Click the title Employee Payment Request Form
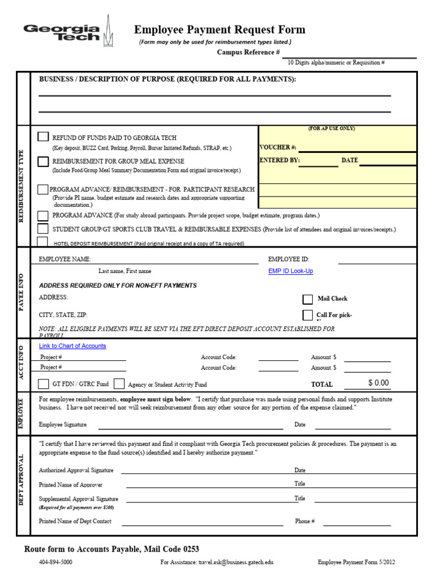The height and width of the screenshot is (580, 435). [219, 30]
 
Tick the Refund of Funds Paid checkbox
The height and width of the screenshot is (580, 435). [43, 137]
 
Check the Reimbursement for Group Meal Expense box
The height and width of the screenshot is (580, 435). [43, 161]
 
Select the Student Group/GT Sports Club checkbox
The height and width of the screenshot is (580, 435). [43, 229]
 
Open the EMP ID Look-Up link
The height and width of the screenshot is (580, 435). [290, 271]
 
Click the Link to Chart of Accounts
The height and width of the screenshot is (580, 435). [72, 346]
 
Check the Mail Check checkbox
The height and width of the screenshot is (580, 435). [308, 299]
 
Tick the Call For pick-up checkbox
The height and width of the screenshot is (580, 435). [308, 315]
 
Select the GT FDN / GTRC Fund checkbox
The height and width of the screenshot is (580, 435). [44, 384]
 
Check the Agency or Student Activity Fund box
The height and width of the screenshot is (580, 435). [119, 384]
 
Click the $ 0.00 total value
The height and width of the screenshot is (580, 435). [378, 383]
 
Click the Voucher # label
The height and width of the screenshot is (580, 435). [278, 147]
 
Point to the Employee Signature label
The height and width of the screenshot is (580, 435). [63, 424]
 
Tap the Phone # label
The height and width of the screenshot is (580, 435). [305, 521]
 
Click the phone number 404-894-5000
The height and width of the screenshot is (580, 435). [56, 562]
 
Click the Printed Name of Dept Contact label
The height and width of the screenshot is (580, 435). [75, 521]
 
